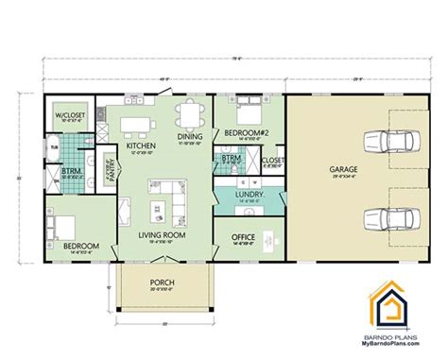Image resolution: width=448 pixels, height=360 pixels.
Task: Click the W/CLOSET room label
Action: (x=69, y=116)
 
